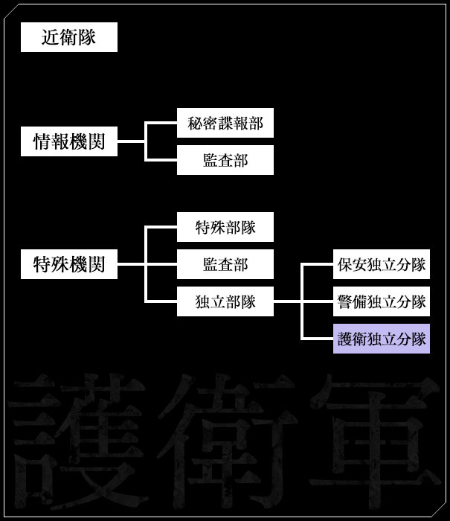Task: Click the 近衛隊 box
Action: (x=69, y=37)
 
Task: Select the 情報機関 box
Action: (x=69, y=141)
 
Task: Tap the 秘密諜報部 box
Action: (x=225, y=123)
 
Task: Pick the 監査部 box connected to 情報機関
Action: (x=225, y=160)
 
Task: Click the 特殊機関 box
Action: (x=69, y=264)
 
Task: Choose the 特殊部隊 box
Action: (x=225, y=227)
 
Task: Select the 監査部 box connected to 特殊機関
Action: (x=225, y=264)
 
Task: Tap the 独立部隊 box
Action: (x=225, y=301)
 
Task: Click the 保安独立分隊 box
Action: (x=381, y=264)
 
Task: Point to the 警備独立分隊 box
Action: (x=381, y=301)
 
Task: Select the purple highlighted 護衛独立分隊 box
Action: (x=381, y=339)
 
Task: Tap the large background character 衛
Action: (x=223, y=439)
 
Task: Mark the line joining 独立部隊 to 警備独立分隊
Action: (x=316, y=301)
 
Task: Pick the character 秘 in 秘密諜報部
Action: (x=195, y=123)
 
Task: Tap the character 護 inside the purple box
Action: (x=345, y=339)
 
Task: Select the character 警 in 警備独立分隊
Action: (x=345, y=301)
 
